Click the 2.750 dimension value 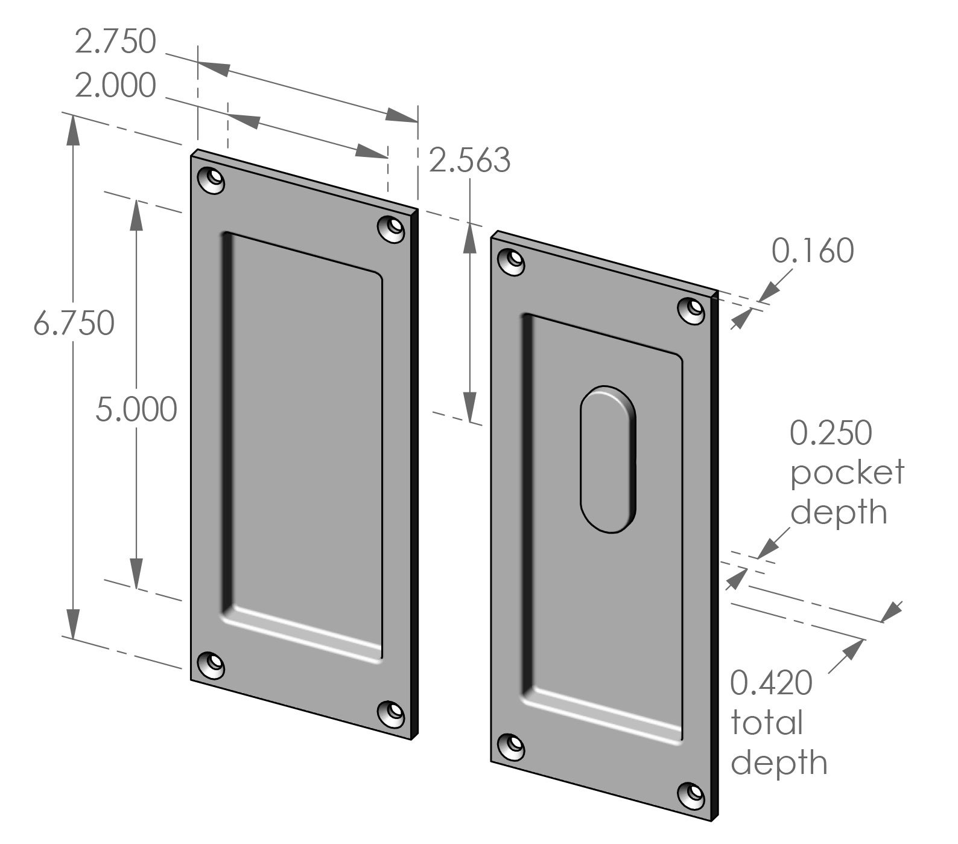click(x=115, y=42)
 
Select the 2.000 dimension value click(x=115, y=86)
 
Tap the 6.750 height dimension click(x=74, y=324)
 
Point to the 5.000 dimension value click(x=136, y=410)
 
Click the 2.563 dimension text click(x=469, y=161)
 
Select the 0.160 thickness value click(x=813, y=251)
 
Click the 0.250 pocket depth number click(x=831, y=433)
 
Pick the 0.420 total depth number click(x=771, y=683)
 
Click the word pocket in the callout click(x=846, y=472)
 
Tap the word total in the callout click(x=766, y=723)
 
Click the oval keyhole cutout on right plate click(x=608, y=459)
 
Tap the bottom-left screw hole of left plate click(x=211, y=667)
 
